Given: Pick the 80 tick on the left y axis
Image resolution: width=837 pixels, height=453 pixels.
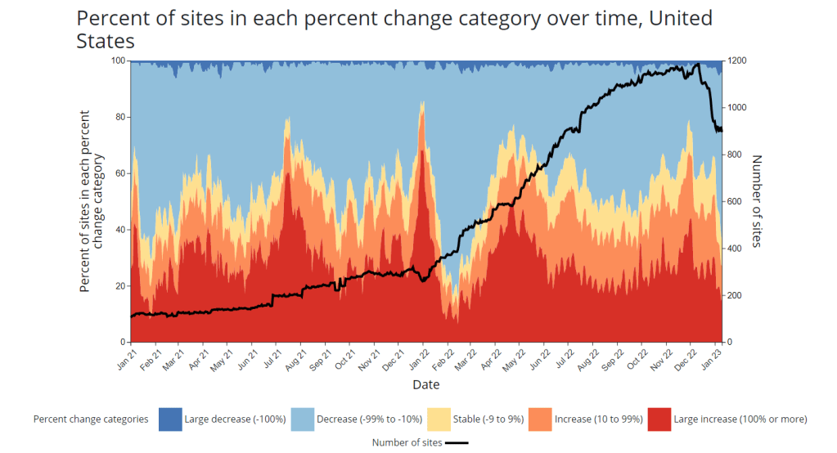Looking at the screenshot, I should click(121, 117).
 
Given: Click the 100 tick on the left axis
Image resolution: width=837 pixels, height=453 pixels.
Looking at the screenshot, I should click(119, 61).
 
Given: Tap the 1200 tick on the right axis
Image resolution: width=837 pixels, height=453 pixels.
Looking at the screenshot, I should click(738, 61).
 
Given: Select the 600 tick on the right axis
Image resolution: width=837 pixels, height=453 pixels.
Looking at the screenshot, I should click(736, 202).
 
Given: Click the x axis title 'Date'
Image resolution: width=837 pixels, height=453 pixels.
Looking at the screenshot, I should click(425, 384).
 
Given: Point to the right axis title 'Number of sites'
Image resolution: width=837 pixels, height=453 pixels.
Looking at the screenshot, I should click(757, 201).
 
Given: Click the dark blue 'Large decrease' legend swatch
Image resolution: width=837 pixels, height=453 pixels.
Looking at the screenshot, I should click(169, 419).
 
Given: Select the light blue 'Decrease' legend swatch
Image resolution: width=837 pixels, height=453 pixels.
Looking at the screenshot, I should click(304, 419).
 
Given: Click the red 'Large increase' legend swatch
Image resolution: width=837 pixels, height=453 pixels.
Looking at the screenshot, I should click(659, 419).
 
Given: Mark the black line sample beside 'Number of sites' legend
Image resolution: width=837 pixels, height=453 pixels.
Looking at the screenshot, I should click(457, 442).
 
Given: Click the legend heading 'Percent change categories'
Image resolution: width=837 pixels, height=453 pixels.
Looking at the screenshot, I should click(91, 419).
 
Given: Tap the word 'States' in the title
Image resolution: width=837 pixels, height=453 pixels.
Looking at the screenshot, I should click(106, 39).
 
